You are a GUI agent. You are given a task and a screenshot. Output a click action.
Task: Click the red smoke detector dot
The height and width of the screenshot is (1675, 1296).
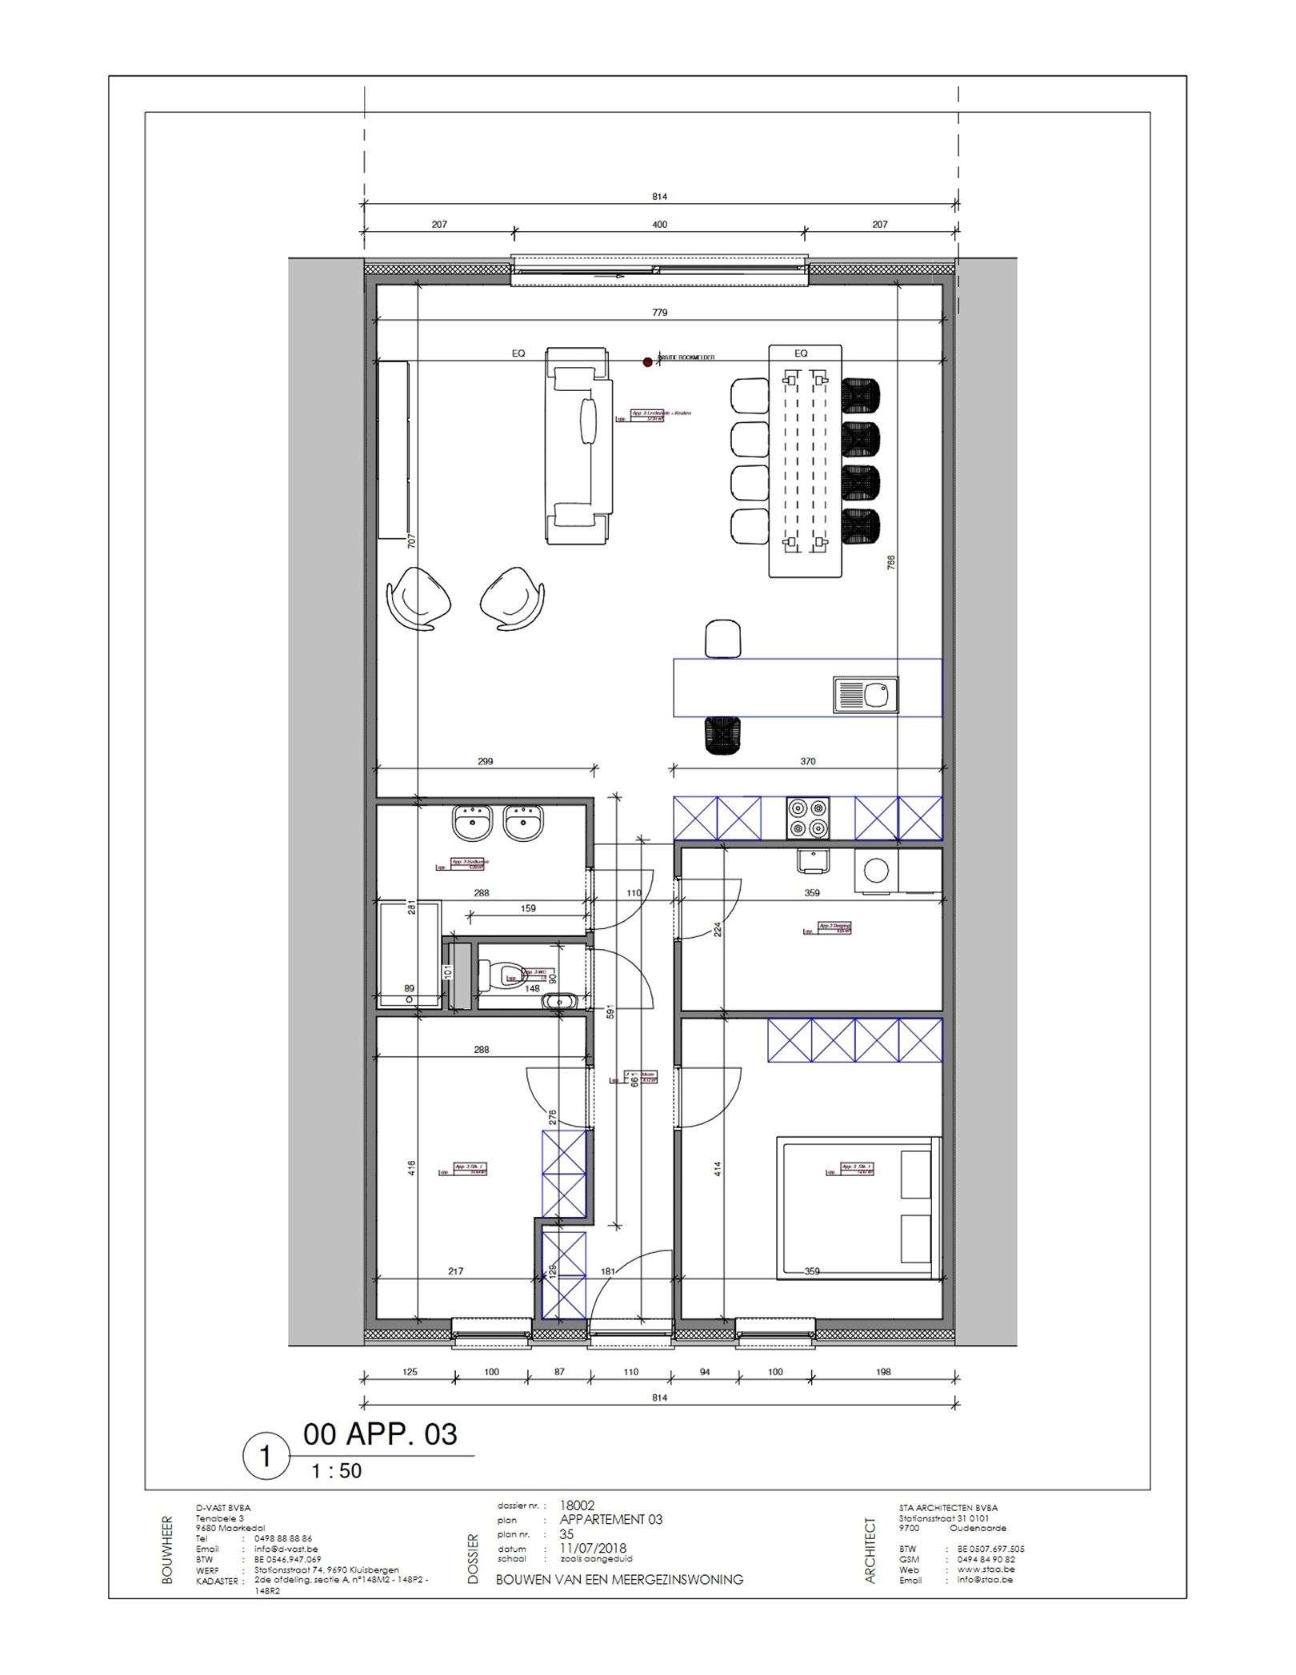[648, 362]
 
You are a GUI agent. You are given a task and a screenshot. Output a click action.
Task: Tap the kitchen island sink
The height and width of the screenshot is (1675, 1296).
[866, 695]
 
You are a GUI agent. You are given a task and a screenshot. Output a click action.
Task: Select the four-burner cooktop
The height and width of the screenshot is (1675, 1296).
[807, 818]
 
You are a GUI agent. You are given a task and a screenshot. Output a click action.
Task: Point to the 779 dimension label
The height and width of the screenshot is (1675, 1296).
[659, 313]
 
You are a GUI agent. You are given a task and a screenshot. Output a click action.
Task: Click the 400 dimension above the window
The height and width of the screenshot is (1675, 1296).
[659, 225]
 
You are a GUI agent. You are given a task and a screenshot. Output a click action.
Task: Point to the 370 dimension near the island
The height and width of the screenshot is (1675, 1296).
[808, 761]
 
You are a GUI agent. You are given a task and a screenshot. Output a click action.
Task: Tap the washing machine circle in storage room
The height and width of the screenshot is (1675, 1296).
[876, 870]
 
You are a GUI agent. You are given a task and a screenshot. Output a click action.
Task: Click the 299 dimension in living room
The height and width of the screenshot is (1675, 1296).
[486, 761]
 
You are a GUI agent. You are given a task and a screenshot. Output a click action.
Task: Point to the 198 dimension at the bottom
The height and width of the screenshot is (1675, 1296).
[883, 1372]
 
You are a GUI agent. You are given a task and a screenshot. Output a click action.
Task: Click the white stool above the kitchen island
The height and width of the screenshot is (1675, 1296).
[723, 639]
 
